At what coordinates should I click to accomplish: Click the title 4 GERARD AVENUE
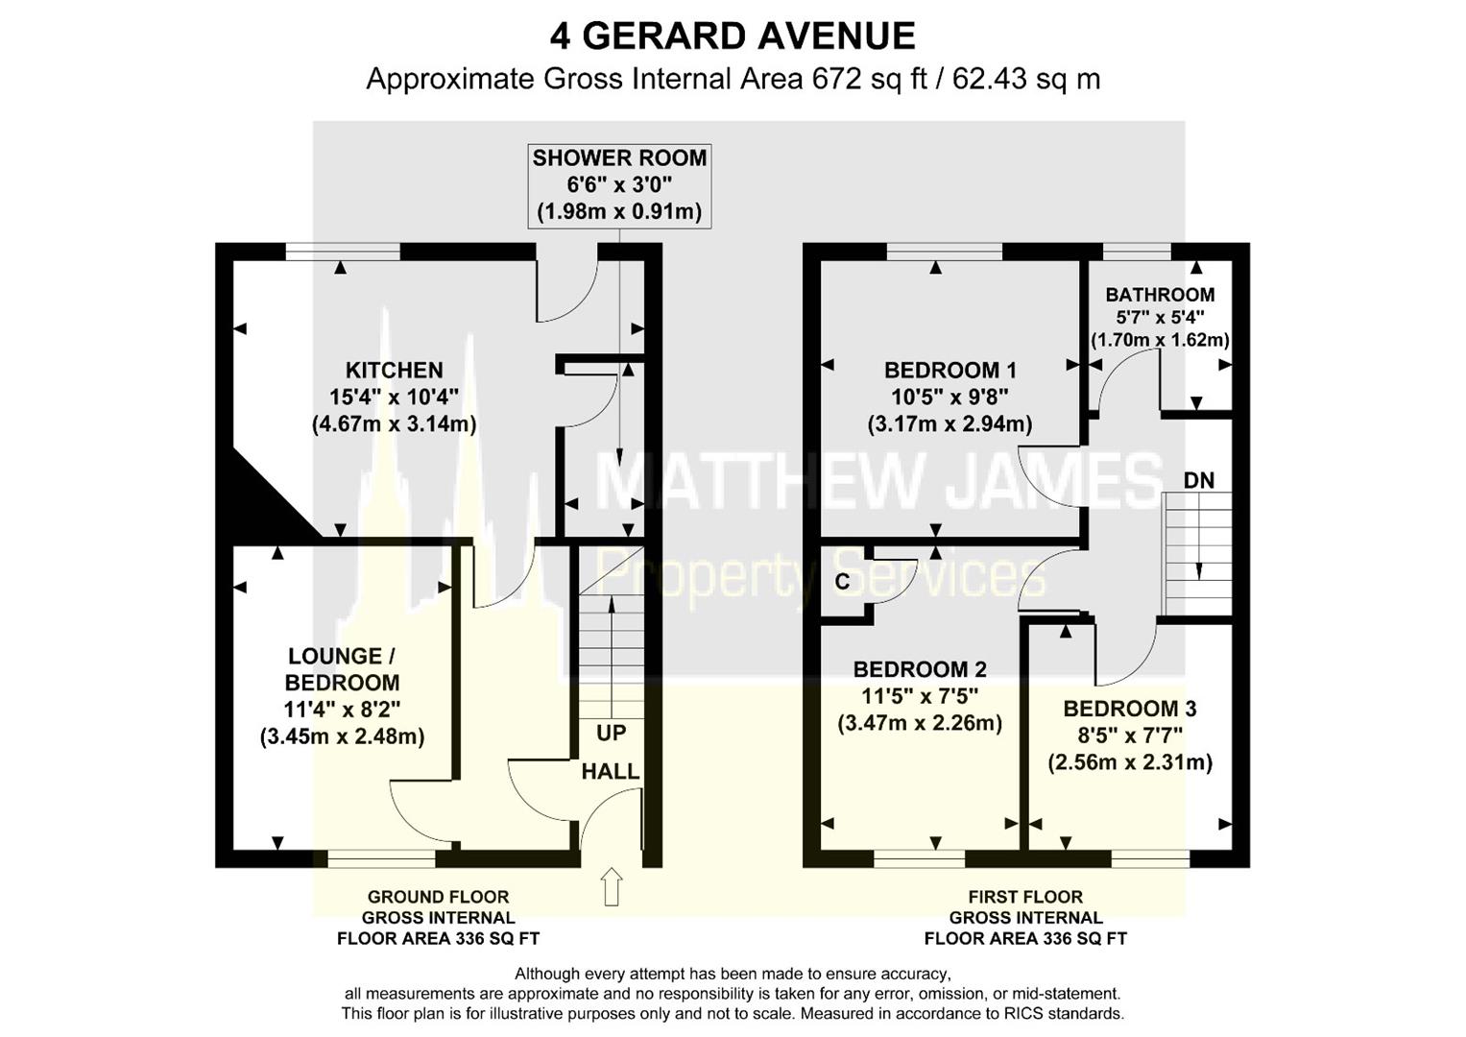coord(733,36)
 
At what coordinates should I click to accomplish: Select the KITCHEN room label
coord(394,371)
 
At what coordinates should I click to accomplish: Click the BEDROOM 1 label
coord(950,371)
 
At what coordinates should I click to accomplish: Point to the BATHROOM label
coord(1160,295)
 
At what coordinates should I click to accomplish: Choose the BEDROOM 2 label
coord(920,669)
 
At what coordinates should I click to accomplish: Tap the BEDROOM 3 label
coord(1130,709)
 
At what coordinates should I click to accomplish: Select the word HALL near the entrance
coord(610,772)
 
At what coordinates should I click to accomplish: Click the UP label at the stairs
coord(611,734)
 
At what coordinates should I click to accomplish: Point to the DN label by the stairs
coord(1199,481)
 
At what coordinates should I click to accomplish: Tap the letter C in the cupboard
coord(842,581)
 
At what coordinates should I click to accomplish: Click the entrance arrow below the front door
coord(612,886)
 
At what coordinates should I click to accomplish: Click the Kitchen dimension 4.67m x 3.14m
coord(394,424)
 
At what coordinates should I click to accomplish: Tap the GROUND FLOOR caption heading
coord(438,897)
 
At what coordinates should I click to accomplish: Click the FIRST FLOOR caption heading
coord(1025,897)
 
